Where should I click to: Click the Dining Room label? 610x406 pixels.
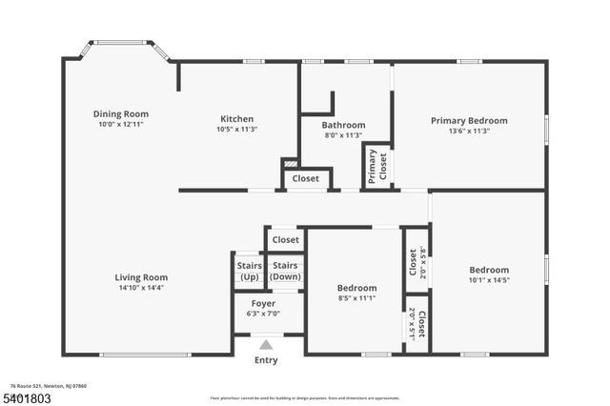121,113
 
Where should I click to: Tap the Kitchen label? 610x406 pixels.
236,119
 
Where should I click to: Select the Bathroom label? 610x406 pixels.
343,125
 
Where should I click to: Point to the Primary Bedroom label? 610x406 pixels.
469,121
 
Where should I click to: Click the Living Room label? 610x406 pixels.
142,277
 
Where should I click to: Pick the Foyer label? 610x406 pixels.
263,303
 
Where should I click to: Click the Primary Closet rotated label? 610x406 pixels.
378,166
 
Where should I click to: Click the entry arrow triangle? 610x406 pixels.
267,345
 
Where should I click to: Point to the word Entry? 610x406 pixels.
267,360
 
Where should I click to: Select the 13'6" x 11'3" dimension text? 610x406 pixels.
469,132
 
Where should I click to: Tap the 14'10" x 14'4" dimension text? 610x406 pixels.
142,288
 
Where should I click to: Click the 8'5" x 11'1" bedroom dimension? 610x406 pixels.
357,297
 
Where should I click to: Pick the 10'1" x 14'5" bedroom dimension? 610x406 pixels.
488,280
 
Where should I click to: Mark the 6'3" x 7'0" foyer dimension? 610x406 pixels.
263,313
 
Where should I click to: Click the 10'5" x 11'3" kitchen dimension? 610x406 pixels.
236,130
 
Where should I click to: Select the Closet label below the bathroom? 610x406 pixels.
306,178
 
